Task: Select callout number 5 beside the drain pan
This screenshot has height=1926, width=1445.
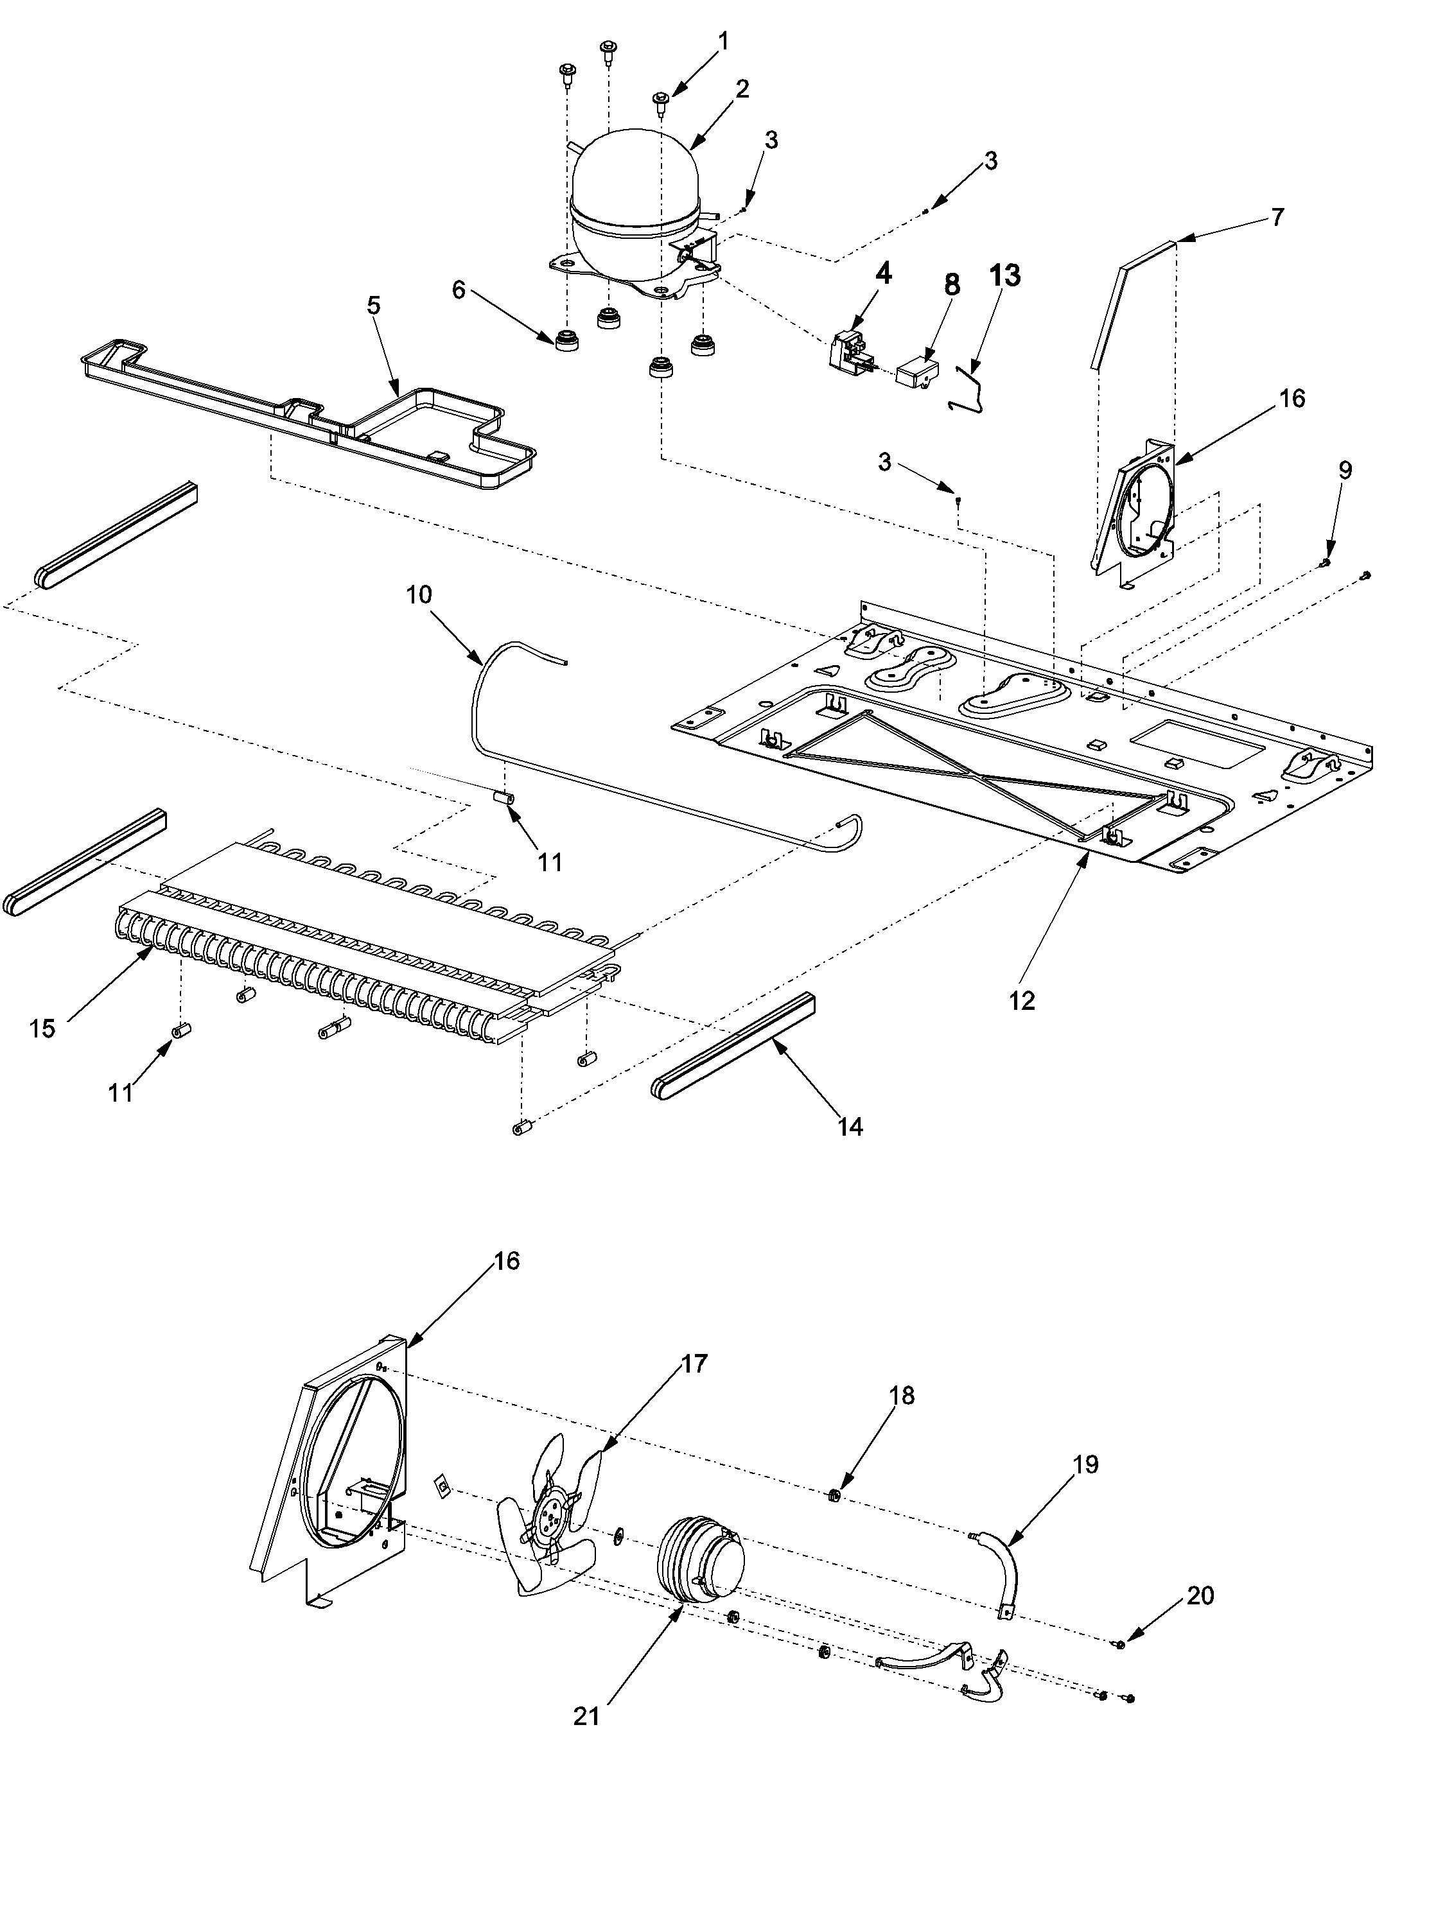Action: click(x=374, y=306)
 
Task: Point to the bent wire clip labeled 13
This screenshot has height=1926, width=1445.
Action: click(x=968, y=389)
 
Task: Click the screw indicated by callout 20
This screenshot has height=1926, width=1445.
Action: click(x=1117, y=1643)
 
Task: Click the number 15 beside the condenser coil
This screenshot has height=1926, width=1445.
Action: click(x=41, y=1028)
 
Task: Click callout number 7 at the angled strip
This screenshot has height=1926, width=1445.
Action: click(x=1277, y=217)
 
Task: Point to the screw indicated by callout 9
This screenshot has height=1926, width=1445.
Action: click(x=1325, y=564)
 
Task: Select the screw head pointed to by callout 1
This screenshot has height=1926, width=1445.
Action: click(x=660, y=100)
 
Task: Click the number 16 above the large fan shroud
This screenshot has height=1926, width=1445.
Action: click(x=505, y=1261)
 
